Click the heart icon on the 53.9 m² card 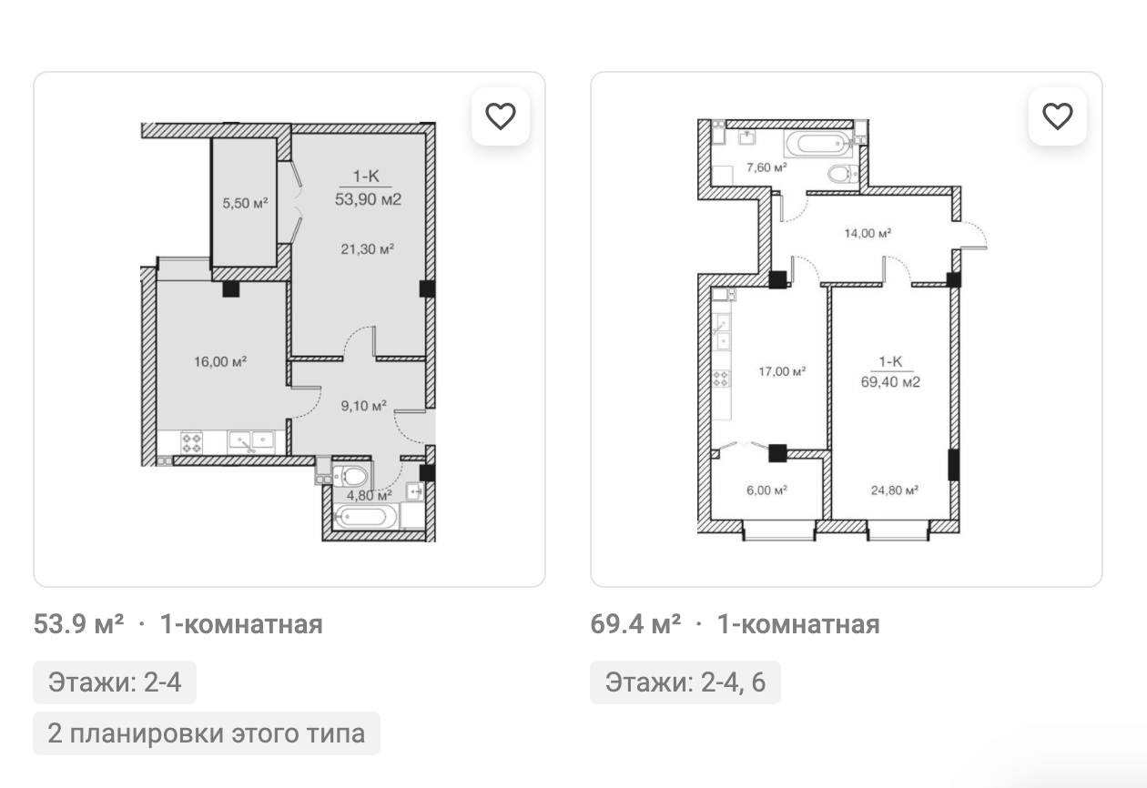(x=501, y=116)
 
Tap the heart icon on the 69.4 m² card (x=1058, y=116)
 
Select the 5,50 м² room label (x=245, y=203)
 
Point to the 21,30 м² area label (x=368, y=249)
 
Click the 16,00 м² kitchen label (x=220, y=362)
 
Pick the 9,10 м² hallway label (x=363, y=406)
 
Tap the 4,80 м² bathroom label (x=370, y=495)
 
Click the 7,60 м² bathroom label (x=766, y=167)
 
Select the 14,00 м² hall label (x=868, y=233)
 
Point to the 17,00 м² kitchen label (x=782, y=371)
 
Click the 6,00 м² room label (x=766, y=490)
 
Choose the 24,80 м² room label (x=895, y=490)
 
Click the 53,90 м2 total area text (x=368, y=199)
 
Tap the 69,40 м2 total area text (x=890, y=382)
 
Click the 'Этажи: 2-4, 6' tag (x=685, y=682)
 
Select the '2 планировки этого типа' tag (x=207, y=733)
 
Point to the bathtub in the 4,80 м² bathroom (x=365, y=516)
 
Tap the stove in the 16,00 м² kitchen (x=191, y=443)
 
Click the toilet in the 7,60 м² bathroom (x=843, y=174)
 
